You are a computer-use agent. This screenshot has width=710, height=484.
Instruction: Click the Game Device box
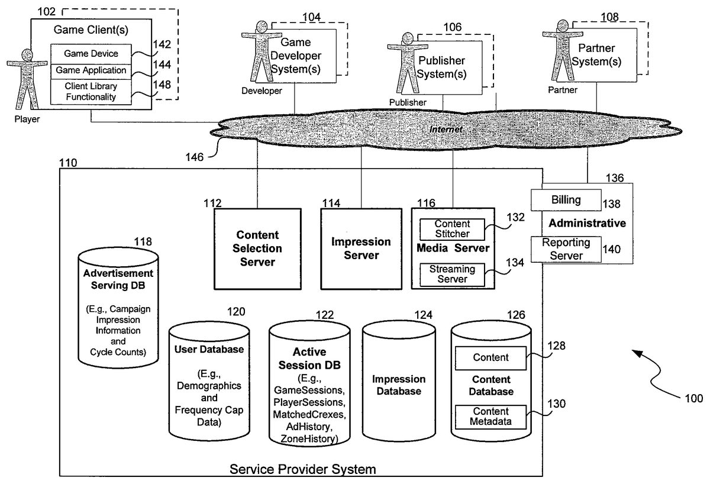(91, 53)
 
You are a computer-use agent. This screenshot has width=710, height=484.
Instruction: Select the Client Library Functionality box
(91, 92)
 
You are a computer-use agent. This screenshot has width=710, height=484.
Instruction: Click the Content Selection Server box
(257, 248)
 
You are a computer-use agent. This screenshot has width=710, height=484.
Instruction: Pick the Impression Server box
(361, 248)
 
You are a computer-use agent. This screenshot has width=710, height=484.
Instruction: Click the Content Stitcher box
(452, 229)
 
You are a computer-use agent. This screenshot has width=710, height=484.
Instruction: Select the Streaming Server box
(452, 275)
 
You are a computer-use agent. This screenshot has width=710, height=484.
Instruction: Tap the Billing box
(566, 200)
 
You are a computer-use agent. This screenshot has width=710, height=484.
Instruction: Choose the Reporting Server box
(566, 249)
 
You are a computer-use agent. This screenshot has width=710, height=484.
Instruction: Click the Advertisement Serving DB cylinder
(118, 308)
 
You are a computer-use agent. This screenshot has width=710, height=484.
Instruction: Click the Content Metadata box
(490, 417)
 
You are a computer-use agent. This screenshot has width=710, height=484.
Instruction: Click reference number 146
(194, 157)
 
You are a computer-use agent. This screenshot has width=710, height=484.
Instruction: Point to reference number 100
(693, 398)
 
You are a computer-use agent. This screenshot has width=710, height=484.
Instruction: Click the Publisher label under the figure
(407, 102)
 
